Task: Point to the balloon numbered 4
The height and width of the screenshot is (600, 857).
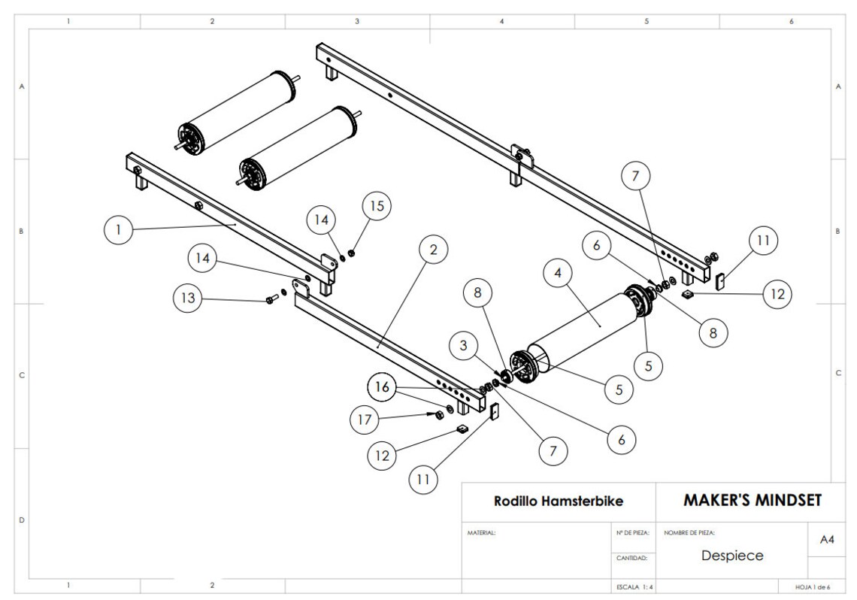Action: click(558, 274)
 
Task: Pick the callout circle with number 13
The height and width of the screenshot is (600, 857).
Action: click(188, 298)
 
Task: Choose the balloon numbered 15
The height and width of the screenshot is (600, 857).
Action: click(377, 206)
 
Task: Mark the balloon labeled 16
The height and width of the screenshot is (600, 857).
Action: click(383, 387)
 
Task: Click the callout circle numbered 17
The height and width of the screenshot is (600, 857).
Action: click(365, 420)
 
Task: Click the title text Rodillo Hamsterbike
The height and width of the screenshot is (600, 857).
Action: click(558, 501)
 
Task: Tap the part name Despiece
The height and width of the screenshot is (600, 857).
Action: click(731, 556)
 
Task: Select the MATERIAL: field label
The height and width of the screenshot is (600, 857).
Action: click(482, 532)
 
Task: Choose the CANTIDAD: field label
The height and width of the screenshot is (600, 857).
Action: click(631, 558)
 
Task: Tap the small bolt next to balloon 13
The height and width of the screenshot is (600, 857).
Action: click(271, 299)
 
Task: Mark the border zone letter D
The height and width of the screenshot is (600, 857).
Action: click(21, 520)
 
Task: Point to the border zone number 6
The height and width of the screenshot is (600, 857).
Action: click(791, 21)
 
